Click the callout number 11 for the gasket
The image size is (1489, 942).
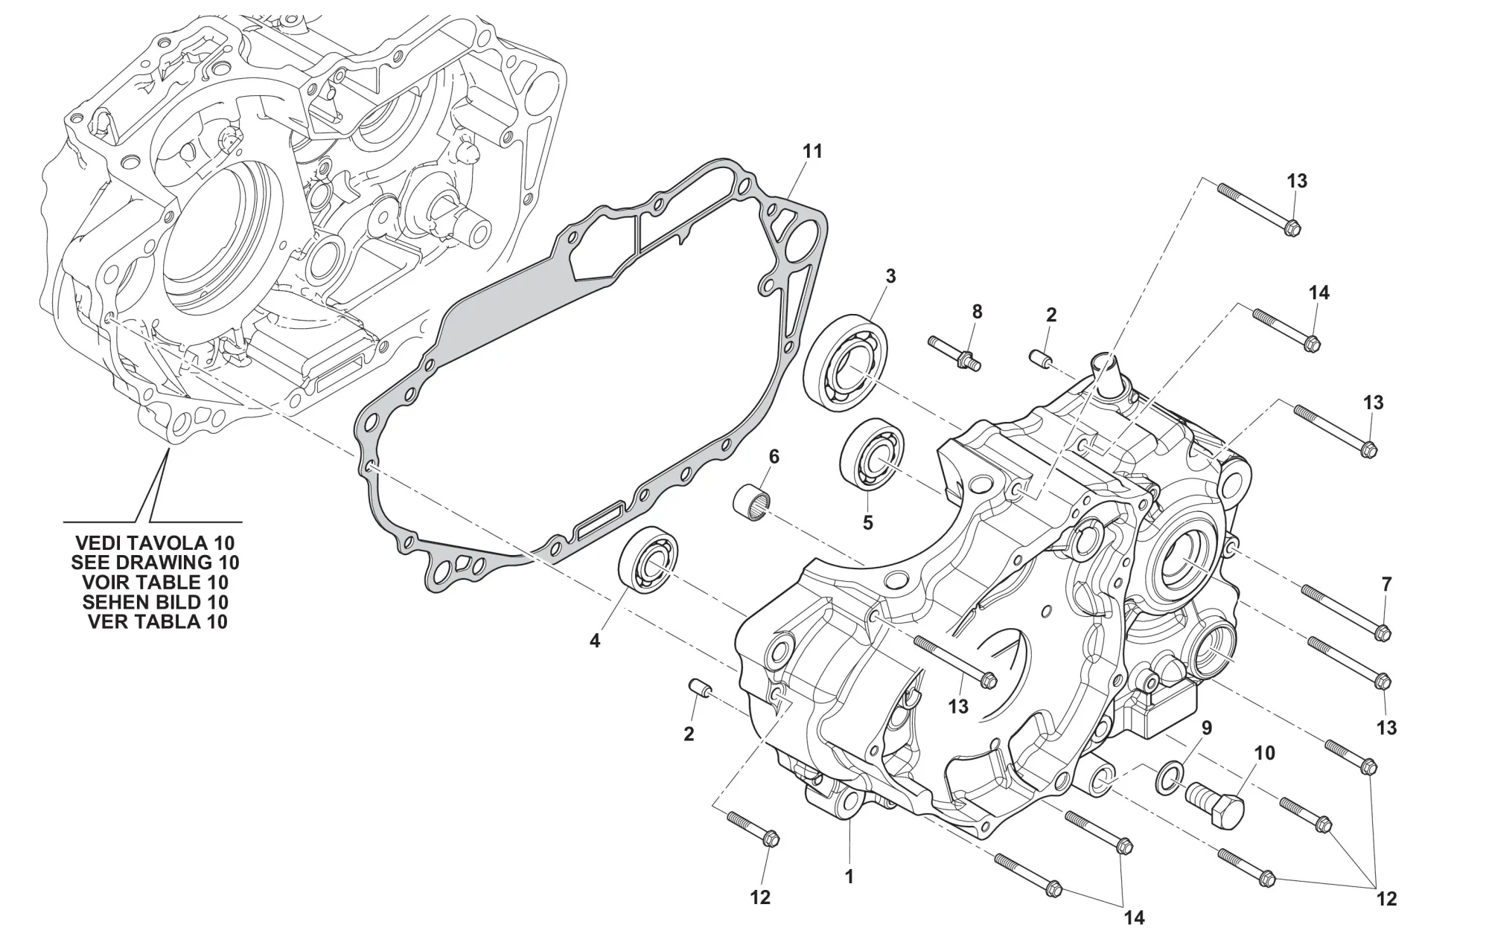click(812, 151)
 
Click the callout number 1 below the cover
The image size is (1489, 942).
click(849, 877)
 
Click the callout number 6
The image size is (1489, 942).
click(774, 456)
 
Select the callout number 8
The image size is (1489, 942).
click(977, 312)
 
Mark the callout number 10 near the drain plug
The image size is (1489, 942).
click(1264, 753)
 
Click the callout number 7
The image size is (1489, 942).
click(1386, 585)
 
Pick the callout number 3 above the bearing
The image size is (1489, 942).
click(890, 276)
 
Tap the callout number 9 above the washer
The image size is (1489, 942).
click(1207, 728)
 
